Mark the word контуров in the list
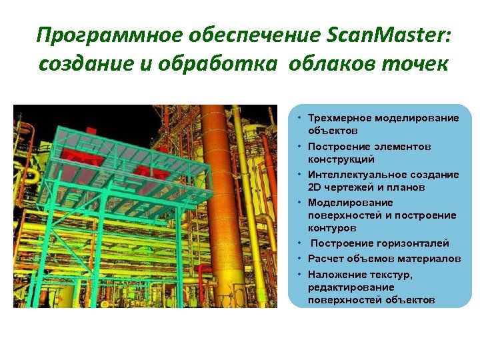pyautogui.click(x=331, y=229)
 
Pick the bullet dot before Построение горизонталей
pyautogui.click(x=301, y=243)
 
